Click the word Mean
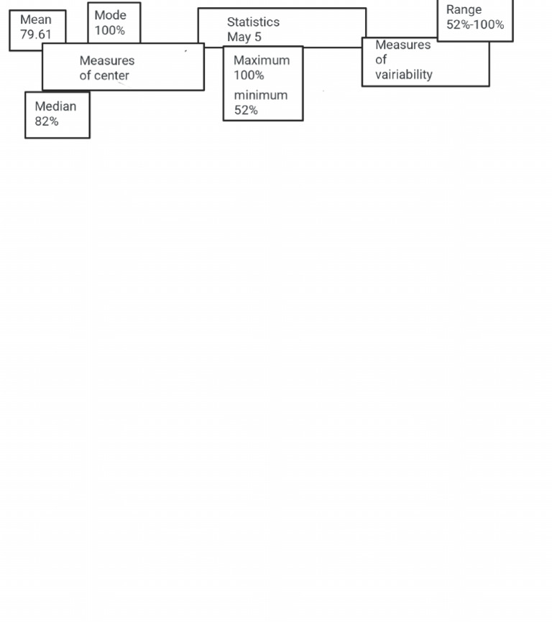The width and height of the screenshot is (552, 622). pyautogui.click(x=36, y=19)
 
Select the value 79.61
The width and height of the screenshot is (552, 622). pyautogui.click(x=36, y=34)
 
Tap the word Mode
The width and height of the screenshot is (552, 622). pyautogui.click(x=110, y=15)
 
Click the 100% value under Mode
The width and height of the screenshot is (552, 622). pyautogui.click(x=110, y=30)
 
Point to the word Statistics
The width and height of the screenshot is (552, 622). pyautogui.click(x=253, y=22)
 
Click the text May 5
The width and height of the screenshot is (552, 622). pyautogui.click(x=244, y=37)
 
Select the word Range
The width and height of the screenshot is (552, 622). pyautogui.click(x=464, y=9)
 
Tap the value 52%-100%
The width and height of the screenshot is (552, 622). pyautogui.click(x=475, y=24)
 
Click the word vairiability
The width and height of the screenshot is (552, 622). pyautogui.click(x=404, y=75)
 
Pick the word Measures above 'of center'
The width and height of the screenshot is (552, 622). pyautogui.click(x=107, y=61)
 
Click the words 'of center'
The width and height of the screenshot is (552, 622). pyautogui.click(x=104, y=75)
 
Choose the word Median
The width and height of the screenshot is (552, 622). pyautogui.click(x=55, y=106)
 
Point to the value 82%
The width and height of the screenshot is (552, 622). pyautogui.click(x=47, y=121)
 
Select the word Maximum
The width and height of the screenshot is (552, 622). pyautogui.click(x=262, y=60)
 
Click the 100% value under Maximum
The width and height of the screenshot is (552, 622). pyautogui.click(x=249, y=75)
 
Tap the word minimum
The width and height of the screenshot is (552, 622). pyautogui.click(x=261, y=96)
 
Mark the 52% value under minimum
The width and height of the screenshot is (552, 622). pyautogui.click(x=246, y=110)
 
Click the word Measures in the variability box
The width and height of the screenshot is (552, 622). pyautogui.click(x=402, y=45)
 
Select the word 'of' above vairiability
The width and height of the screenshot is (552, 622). pyautogui.click(x=381, y=60)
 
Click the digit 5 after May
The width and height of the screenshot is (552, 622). pyautogui.click(x=258, y=37)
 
